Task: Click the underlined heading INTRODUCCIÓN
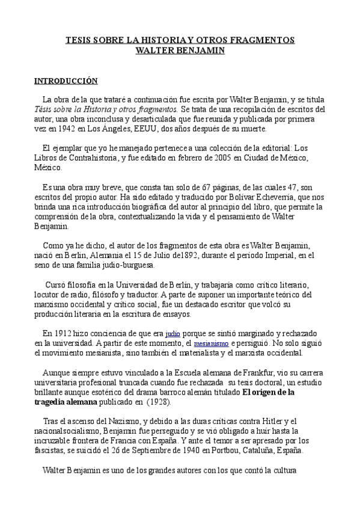[x=66, y=80]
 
